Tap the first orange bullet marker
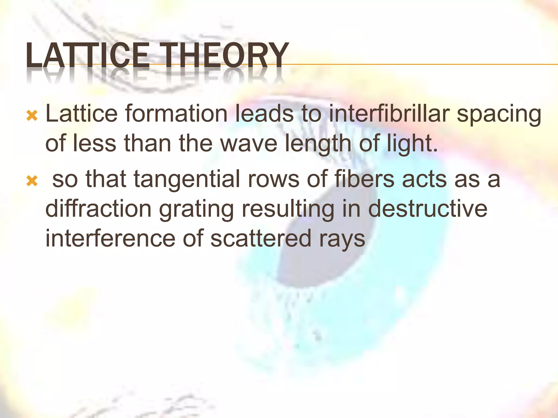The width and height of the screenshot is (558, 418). (32, 116)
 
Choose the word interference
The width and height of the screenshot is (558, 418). (110, 238)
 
